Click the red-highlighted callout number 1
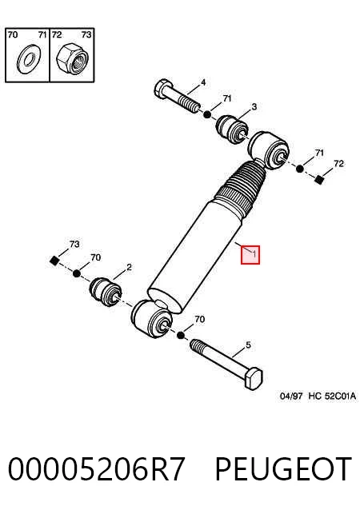254,255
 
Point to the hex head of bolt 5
254,379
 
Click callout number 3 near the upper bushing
254,106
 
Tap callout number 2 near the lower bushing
129,267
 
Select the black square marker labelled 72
319,180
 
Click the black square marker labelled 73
54,261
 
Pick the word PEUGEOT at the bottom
283,469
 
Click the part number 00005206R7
97,469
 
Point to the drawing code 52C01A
340,396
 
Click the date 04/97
291,396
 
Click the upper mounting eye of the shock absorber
268,150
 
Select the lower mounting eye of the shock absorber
152,319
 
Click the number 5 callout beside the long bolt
248,345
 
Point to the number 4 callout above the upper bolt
203,82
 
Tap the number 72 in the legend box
57,34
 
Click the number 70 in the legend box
12,34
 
